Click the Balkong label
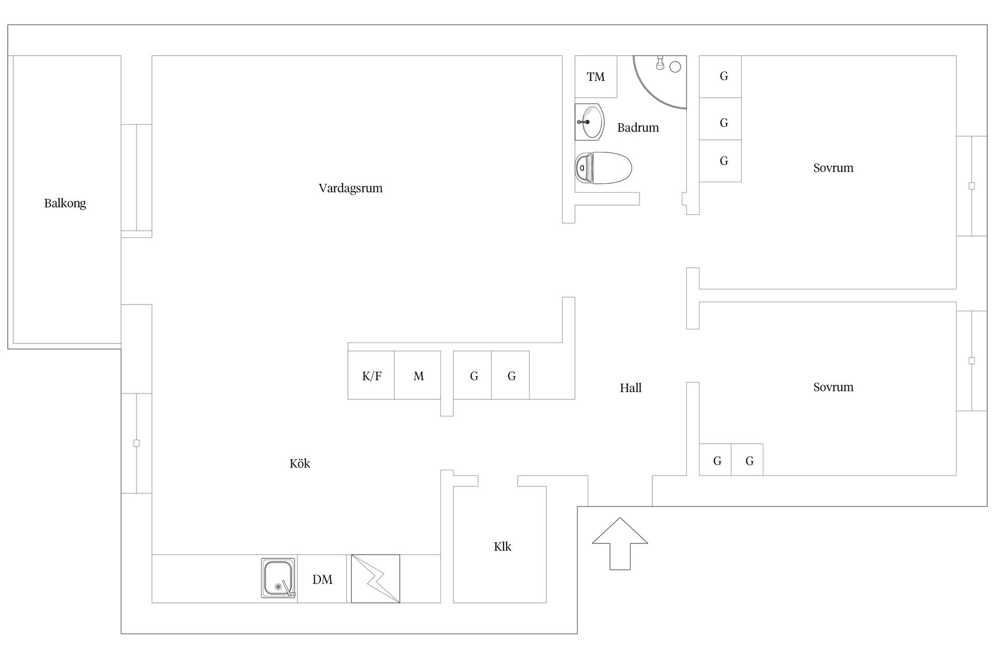(x=65, y=203)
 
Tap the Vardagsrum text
(x=351, y=188)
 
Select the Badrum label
(x=638, y=127)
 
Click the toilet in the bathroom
(x=603, y=168)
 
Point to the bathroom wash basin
(x=590, y=122)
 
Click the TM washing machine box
(x=596, y=77)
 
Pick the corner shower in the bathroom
(x=660, y=82)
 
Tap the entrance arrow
(x=620, y=543)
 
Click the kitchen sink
(x=278, y=578)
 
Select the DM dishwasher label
(x=322, y=580)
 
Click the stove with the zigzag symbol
(x=375, y=579)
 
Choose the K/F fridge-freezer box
(x=371, y=375)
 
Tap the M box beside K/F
(x=418, y=375)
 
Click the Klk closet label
(x=502, y=546)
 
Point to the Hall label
(x=631, y=388)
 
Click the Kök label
(x=300, y=464)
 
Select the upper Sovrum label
(x=833, y=168)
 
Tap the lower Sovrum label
(x=833, y=387)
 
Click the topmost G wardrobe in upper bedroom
(x=720, y=77)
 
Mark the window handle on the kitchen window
(x=136, y=443)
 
